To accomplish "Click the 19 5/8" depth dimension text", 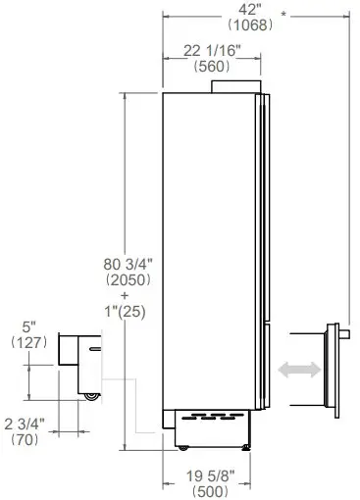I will pos(211,476).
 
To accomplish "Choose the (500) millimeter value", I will pos(211,491).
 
